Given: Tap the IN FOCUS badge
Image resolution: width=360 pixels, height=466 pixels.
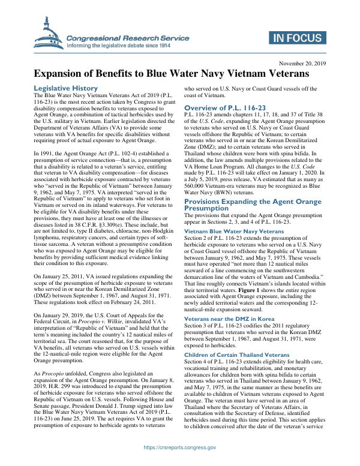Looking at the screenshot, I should (297, 38).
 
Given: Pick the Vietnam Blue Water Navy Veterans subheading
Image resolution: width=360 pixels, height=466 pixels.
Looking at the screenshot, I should (233, 231).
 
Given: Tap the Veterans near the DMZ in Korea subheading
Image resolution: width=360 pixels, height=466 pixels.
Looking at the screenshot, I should (229, 319).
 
